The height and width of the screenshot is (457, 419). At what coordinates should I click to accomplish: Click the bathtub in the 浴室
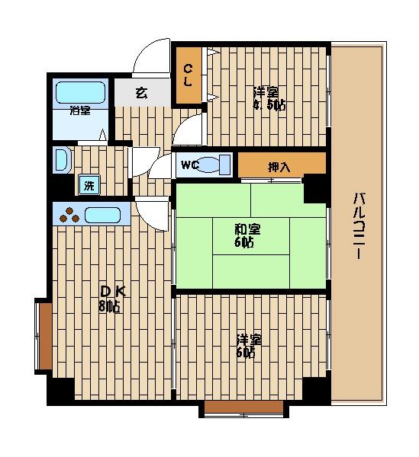coord(80,92)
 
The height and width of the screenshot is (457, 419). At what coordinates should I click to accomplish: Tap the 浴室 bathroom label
coord(80,110)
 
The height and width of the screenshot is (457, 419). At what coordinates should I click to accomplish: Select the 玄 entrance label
coord(142,93)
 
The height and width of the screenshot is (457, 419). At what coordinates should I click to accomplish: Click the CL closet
coord(189,75)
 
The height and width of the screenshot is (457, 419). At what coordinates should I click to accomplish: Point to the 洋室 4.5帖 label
coord(269,99)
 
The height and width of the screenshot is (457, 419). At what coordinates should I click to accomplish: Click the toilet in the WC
coord(215,165)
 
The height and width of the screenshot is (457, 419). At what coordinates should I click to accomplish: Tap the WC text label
coord(189,165)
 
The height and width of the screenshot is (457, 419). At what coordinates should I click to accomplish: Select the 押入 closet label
coord(279,168)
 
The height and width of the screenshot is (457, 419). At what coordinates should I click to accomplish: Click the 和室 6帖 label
coord(247,235)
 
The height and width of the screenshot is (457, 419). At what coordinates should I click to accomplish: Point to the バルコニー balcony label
coord(359,226)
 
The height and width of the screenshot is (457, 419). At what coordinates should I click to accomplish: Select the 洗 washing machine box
coord(89,185)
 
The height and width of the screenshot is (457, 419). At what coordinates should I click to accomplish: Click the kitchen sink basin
coord(102,216)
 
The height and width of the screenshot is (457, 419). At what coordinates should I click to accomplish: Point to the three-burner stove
coord(69,215)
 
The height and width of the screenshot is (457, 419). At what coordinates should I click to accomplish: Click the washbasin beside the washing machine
coord(62,159)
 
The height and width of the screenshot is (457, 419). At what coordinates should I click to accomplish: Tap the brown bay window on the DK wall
coord(44,336)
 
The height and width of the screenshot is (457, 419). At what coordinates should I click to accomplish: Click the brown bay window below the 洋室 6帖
coord(243,408)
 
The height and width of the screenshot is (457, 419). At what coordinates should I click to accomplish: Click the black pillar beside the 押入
coord(314,189)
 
